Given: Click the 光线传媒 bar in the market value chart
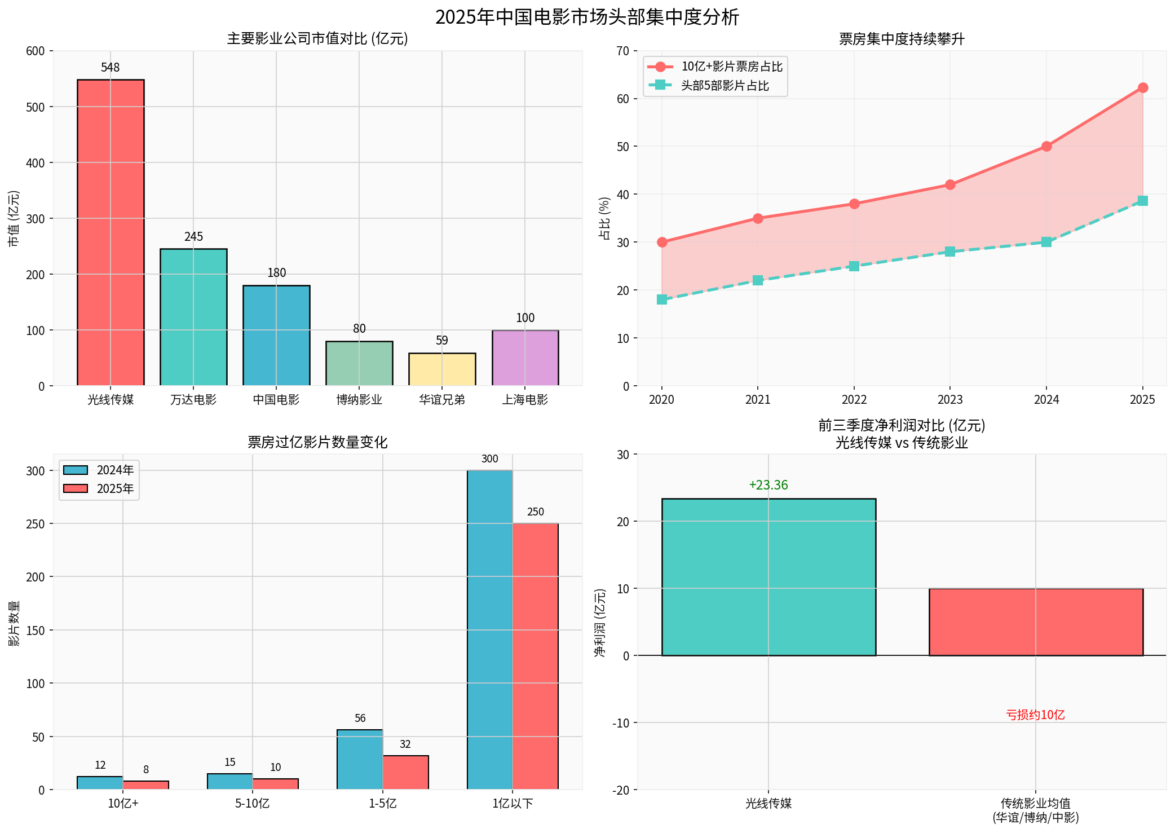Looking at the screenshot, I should point(111,232).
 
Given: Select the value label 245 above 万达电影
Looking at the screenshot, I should point(193,237).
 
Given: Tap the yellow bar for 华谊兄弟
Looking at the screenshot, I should point(442,369).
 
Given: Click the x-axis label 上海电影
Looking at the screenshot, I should point(525,400).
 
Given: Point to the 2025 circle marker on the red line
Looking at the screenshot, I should point(1143,88).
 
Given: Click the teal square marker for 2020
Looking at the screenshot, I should point(662,299).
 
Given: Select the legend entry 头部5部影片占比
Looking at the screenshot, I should point(725,86).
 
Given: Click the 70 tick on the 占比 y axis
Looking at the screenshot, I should point(622,51).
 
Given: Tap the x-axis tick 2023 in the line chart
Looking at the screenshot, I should point(950,400).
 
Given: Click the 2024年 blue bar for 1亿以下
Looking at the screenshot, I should point(489,629).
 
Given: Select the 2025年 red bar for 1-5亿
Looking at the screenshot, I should point(405,772).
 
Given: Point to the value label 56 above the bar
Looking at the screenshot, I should point(360,719).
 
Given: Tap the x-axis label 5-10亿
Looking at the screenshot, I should point(252,804).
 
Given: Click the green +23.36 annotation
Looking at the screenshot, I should point(768,485).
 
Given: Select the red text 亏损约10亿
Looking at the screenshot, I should point(1035,715).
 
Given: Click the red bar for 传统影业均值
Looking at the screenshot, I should point(1036,622).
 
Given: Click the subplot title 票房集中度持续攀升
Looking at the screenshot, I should point(901,39).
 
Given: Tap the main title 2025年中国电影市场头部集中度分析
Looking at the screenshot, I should point(587,17).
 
